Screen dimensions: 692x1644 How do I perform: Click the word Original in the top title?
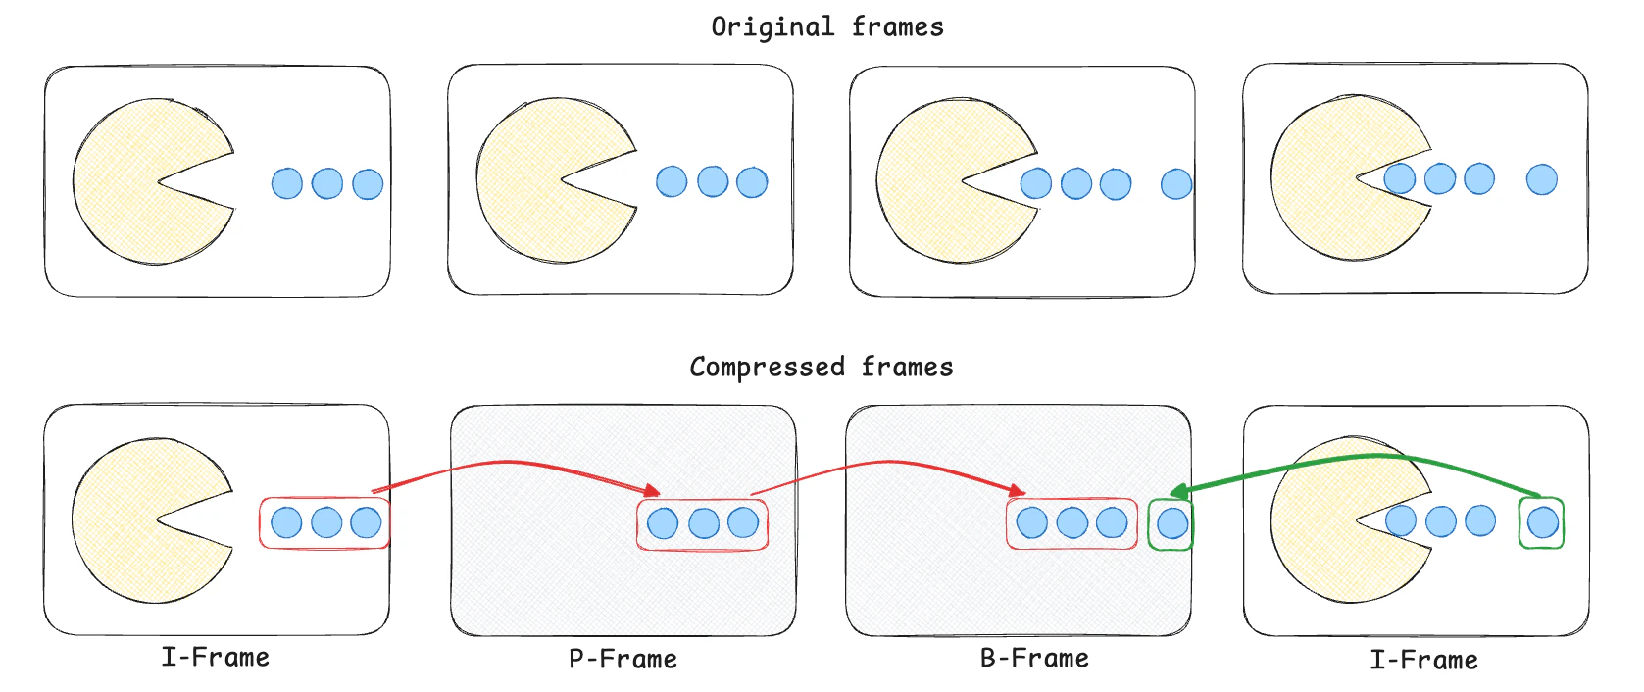[772, 27]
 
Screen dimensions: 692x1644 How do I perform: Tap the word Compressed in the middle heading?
[766, 368]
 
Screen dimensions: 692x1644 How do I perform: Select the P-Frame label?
[623, 659]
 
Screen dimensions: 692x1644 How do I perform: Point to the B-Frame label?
[1034, 658]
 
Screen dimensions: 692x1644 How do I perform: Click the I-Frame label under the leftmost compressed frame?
[215, 657]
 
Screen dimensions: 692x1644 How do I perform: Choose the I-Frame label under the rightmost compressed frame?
[1423, 660]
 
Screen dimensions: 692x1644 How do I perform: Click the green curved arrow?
[1372, 458]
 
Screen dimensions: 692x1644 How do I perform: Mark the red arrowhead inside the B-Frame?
[1018, 490]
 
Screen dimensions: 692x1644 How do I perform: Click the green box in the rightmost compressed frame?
[1541, 523]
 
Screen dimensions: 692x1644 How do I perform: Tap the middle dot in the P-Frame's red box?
[703, 523]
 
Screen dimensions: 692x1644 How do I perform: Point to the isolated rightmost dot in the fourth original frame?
[1541, 179]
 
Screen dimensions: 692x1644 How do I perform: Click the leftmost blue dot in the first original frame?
[286, 183]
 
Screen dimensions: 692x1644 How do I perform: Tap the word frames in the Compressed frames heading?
[907, 368]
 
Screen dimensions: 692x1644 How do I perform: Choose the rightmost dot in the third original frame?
[1175, 183]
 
